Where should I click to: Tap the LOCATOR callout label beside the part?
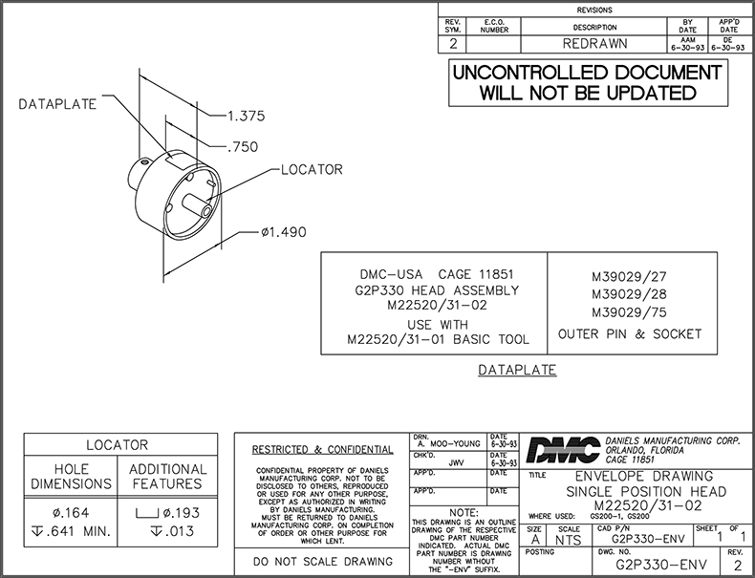(311, 170)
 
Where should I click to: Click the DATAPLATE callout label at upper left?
(57, 104)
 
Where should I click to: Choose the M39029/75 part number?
(629, 313)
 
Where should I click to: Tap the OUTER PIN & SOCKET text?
(629, 334)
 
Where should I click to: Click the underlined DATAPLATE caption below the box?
(517, 370)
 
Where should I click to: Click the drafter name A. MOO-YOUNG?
(449, 444)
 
